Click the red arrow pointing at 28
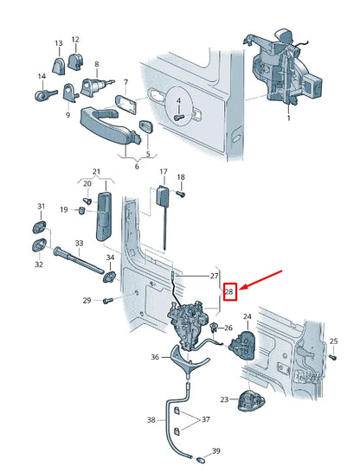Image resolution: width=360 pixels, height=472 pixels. point(263,281)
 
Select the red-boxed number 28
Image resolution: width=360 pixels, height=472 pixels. point(229,292)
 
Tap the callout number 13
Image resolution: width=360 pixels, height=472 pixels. point(59,43)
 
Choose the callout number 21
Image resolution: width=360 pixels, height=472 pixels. point(97,172)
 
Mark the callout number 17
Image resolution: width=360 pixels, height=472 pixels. point(162,173)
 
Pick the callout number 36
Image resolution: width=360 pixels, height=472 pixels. point(154,355)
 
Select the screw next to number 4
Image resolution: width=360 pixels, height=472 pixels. point(179,113)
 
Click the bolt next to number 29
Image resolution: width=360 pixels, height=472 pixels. point(107,301)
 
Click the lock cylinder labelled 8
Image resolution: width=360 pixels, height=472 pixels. point(92,86)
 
